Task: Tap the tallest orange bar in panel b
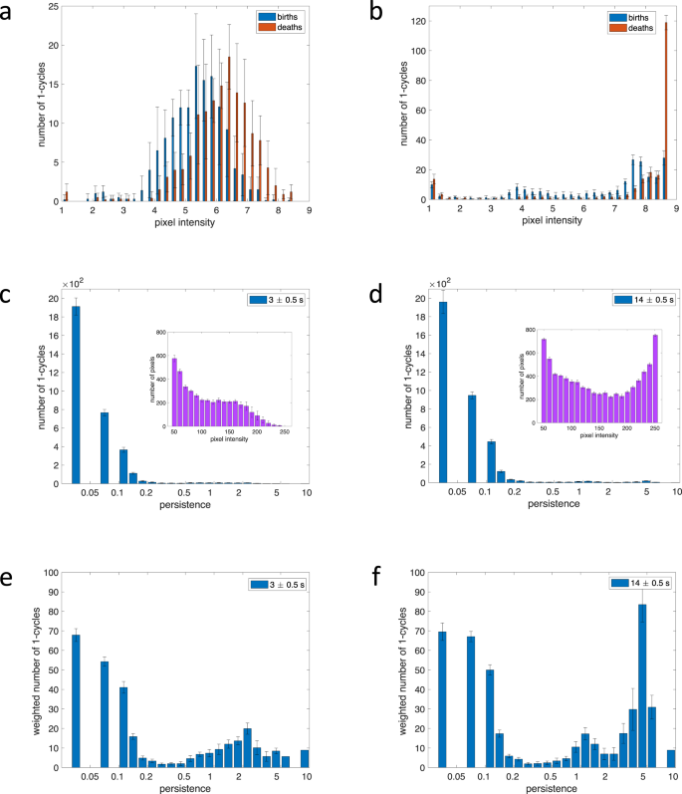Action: pyautogui.click(x=666, y=112)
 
